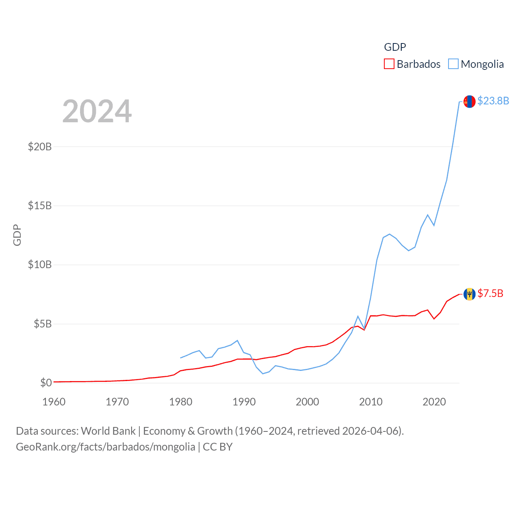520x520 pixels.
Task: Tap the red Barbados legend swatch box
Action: coord(389,64)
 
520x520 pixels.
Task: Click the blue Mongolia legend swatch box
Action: coord(453,64)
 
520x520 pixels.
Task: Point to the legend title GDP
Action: coord(395,47)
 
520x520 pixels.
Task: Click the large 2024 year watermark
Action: coord(97,111)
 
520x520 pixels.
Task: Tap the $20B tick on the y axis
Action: coord(40,147)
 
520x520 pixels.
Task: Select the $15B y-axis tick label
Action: coord(40,206)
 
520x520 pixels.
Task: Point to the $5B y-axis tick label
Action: coord(43,324)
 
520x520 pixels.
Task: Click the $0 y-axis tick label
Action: coord(46,383)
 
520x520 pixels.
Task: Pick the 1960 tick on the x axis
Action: coord(54,402)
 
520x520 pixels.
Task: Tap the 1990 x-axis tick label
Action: coord(244,402)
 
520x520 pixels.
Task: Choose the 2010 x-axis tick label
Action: coord(371,402)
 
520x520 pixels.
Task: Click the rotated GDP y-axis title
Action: coord(17,235)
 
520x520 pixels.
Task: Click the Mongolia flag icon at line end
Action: coord(470,102)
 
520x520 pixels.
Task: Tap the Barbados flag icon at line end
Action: coord(470,294)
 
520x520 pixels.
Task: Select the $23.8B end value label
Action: coord(493,101)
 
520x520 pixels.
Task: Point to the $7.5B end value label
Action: coord(490,293)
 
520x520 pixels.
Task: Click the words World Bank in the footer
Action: coord(108,431)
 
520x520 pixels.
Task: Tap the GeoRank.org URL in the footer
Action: coord(106,447)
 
